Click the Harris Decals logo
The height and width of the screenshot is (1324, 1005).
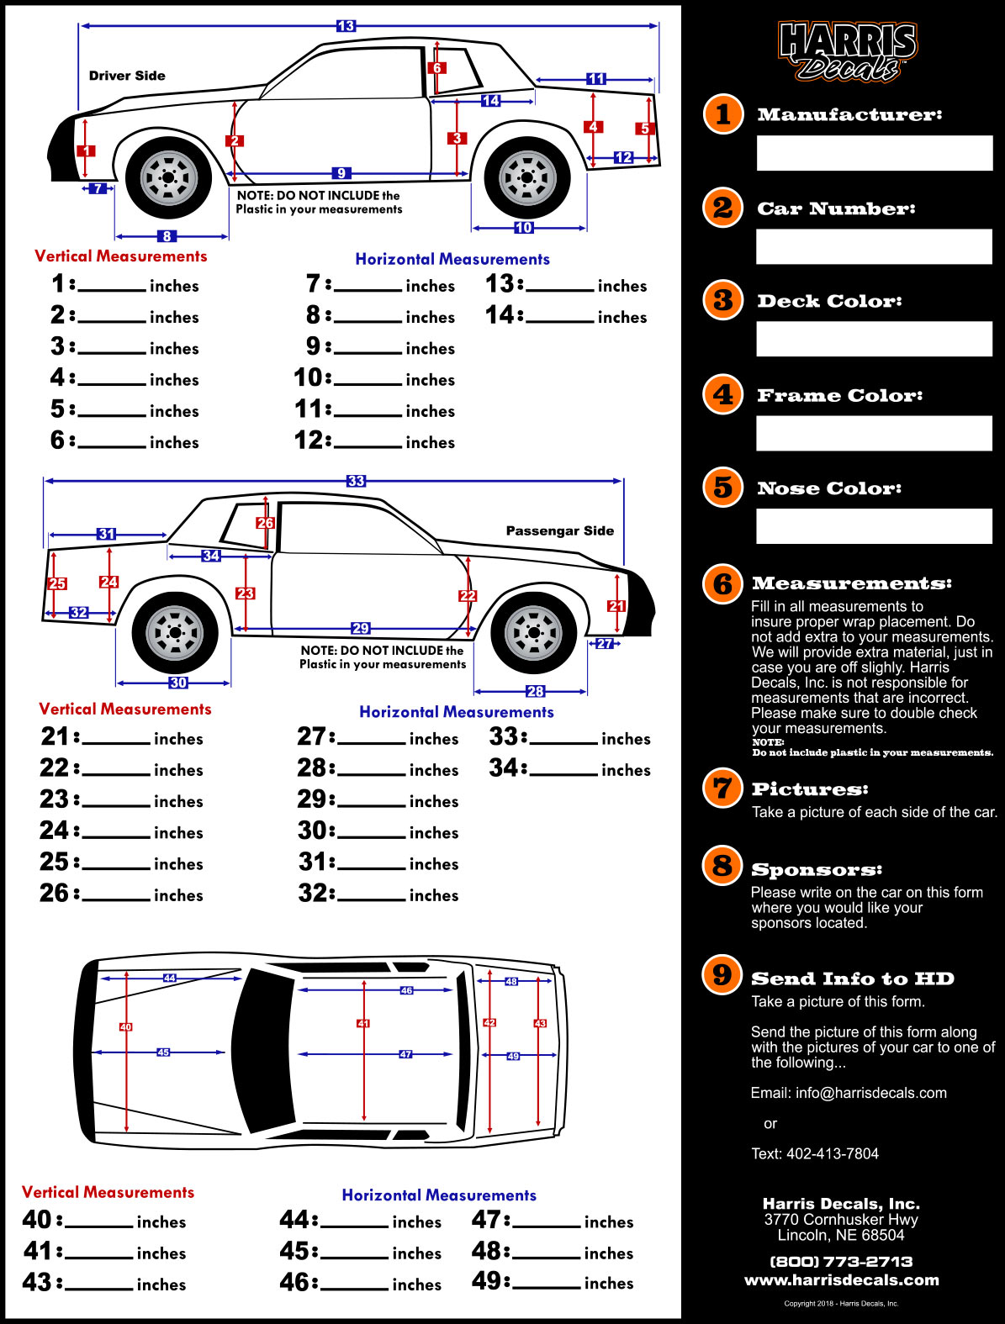point(847,52)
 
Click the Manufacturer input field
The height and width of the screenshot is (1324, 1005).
point(875,153)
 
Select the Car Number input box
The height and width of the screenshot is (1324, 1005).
point(875,246)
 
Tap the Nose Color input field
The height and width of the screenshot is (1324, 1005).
point(875,526)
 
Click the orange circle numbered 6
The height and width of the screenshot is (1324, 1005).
point(722,583)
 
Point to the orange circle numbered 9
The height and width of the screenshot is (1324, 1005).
point(722,974)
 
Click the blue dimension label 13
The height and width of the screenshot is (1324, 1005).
point(346,26)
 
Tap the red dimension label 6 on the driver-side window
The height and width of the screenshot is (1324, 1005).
point(436,67)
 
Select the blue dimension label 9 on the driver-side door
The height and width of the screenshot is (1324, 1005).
point(341,173)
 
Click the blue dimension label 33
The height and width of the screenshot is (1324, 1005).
point(356,481)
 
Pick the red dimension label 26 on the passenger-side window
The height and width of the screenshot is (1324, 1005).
point(265,523)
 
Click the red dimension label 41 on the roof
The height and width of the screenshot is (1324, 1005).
point(363,1023)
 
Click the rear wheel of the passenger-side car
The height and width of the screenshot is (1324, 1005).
point(175,633)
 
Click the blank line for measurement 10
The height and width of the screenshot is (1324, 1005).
point(368,382)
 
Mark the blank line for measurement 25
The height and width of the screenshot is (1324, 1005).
point(116,867)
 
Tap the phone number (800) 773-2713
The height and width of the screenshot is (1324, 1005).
point(841,1261)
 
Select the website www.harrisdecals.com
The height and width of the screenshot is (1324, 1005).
point(841,1280)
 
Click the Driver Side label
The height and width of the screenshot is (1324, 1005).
point(127,76)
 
